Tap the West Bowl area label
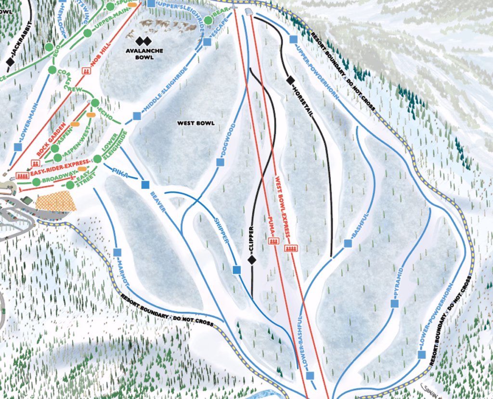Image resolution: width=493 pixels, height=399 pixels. pos(195,123)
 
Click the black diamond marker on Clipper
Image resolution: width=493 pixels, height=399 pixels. pos(251,260)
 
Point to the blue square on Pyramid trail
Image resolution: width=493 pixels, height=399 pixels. pos(395,304)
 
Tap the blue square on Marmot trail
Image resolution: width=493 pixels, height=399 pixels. pos(117,252)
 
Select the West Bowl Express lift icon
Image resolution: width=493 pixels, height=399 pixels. pos(291,249)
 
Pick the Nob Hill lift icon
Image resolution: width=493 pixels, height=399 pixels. pos(87,71)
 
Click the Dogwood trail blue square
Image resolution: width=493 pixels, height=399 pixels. pos(221,162)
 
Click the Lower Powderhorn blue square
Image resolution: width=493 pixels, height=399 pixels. pos(422,355)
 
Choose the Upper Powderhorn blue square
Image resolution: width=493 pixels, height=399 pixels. pos(292,40)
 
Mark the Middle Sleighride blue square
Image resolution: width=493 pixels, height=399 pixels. pos(137,116)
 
